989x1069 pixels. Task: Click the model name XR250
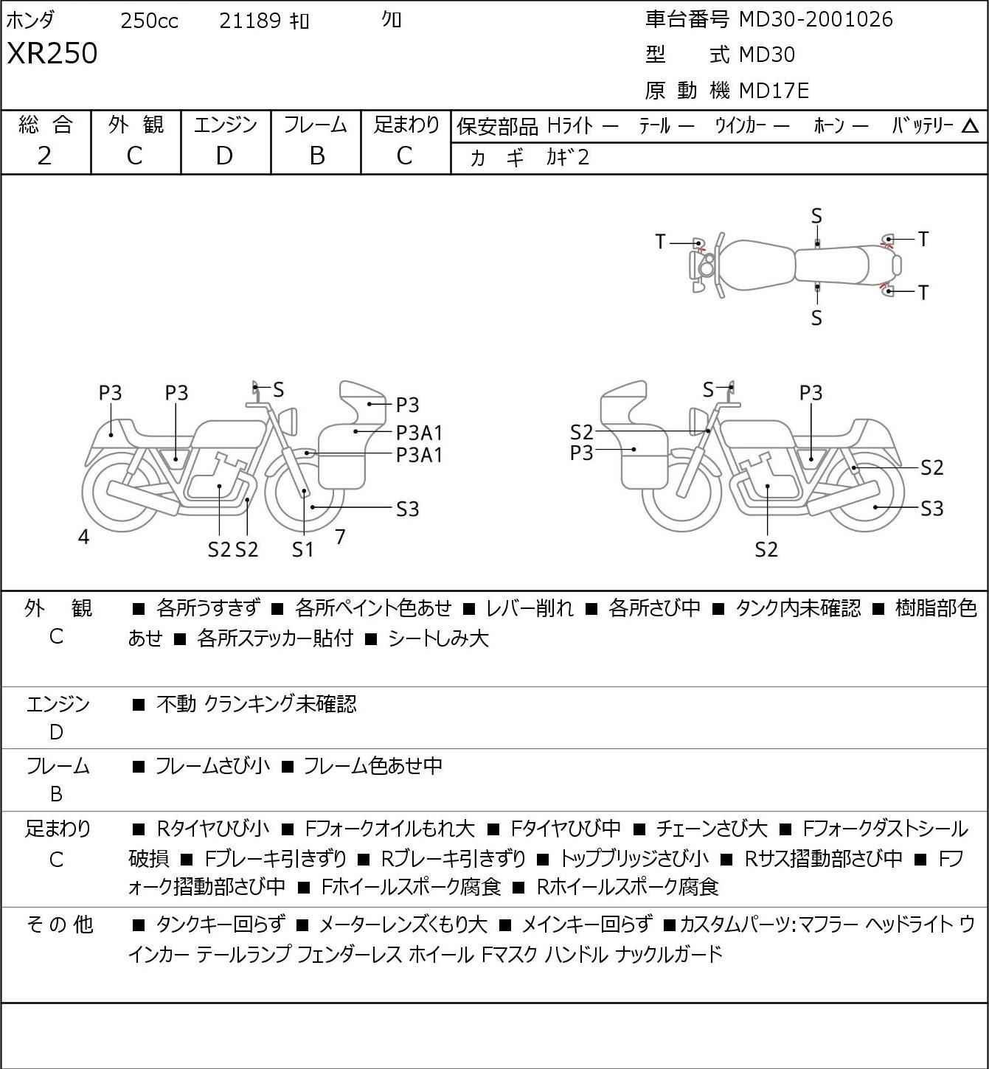click(52, 53)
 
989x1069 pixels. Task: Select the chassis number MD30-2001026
click(816, 19)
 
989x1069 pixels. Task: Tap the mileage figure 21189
click(250, 21)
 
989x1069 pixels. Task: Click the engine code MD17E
click(774, 91)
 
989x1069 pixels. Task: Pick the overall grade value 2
click(45, 156)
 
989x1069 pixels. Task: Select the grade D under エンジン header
click(225, 156)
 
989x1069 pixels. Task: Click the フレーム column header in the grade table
click(315, 125)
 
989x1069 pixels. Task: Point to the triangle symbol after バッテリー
click(970, 126)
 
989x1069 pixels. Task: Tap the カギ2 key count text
click(568, 157)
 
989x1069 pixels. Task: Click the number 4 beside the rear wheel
click(83, 537)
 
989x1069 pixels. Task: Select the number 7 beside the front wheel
click(340, 537)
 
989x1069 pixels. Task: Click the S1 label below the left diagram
click(302, 549)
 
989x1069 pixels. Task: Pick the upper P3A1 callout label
click(419, 433)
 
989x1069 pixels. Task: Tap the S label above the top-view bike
click(816, 217)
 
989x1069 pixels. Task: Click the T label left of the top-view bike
click(660, 242)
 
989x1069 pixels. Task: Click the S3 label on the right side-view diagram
click(932, 509)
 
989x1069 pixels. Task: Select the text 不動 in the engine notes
click(176, 704)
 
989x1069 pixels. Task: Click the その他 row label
click(60, 925)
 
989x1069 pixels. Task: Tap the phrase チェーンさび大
click(711, 829)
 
